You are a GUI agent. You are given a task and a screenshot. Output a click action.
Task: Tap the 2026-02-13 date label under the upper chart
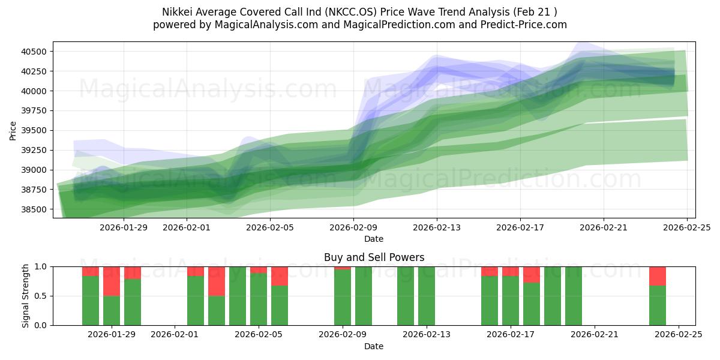[x=437, y=227]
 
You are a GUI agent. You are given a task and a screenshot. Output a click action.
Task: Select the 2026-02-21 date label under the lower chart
[x=595, y=335]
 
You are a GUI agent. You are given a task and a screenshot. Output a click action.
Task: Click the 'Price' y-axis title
[x=13, y=130]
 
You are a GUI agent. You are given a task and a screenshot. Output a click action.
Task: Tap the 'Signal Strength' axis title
[x=26, y=296]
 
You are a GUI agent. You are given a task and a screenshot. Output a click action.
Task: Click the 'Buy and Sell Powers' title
[x=374, y=257]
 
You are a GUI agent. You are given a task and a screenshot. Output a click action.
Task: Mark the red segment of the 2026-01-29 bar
[x=112, y=281]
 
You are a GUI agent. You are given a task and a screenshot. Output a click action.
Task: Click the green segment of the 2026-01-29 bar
[x=112, y=310]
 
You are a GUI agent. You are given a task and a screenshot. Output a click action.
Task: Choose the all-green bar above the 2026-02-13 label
[x=427, y=296]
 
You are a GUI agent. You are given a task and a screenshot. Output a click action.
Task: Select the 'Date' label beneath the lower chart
[x=374, y=346]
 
